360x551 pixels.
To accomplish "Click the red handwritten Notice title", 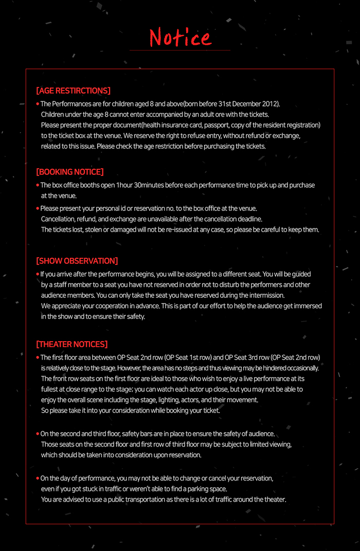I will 180,37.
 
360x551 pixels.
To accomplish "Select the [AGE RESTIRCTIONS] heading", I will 73,91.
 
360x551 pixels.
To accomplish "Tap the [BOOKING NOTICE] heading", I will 69,172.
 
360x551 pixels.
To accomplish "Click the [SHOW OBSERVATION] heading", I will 77,261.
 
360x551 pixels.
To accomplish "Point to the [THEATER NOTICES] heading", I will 71,344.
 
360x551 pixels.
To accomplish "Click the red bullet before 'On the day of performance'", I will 38,478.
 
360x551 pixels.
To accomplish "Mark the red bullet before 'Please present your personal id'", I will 38,208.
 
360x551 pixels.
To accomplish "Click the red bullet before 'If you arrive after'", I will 38,274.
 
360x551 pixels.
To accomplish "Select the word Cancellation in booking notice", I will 59,219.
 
